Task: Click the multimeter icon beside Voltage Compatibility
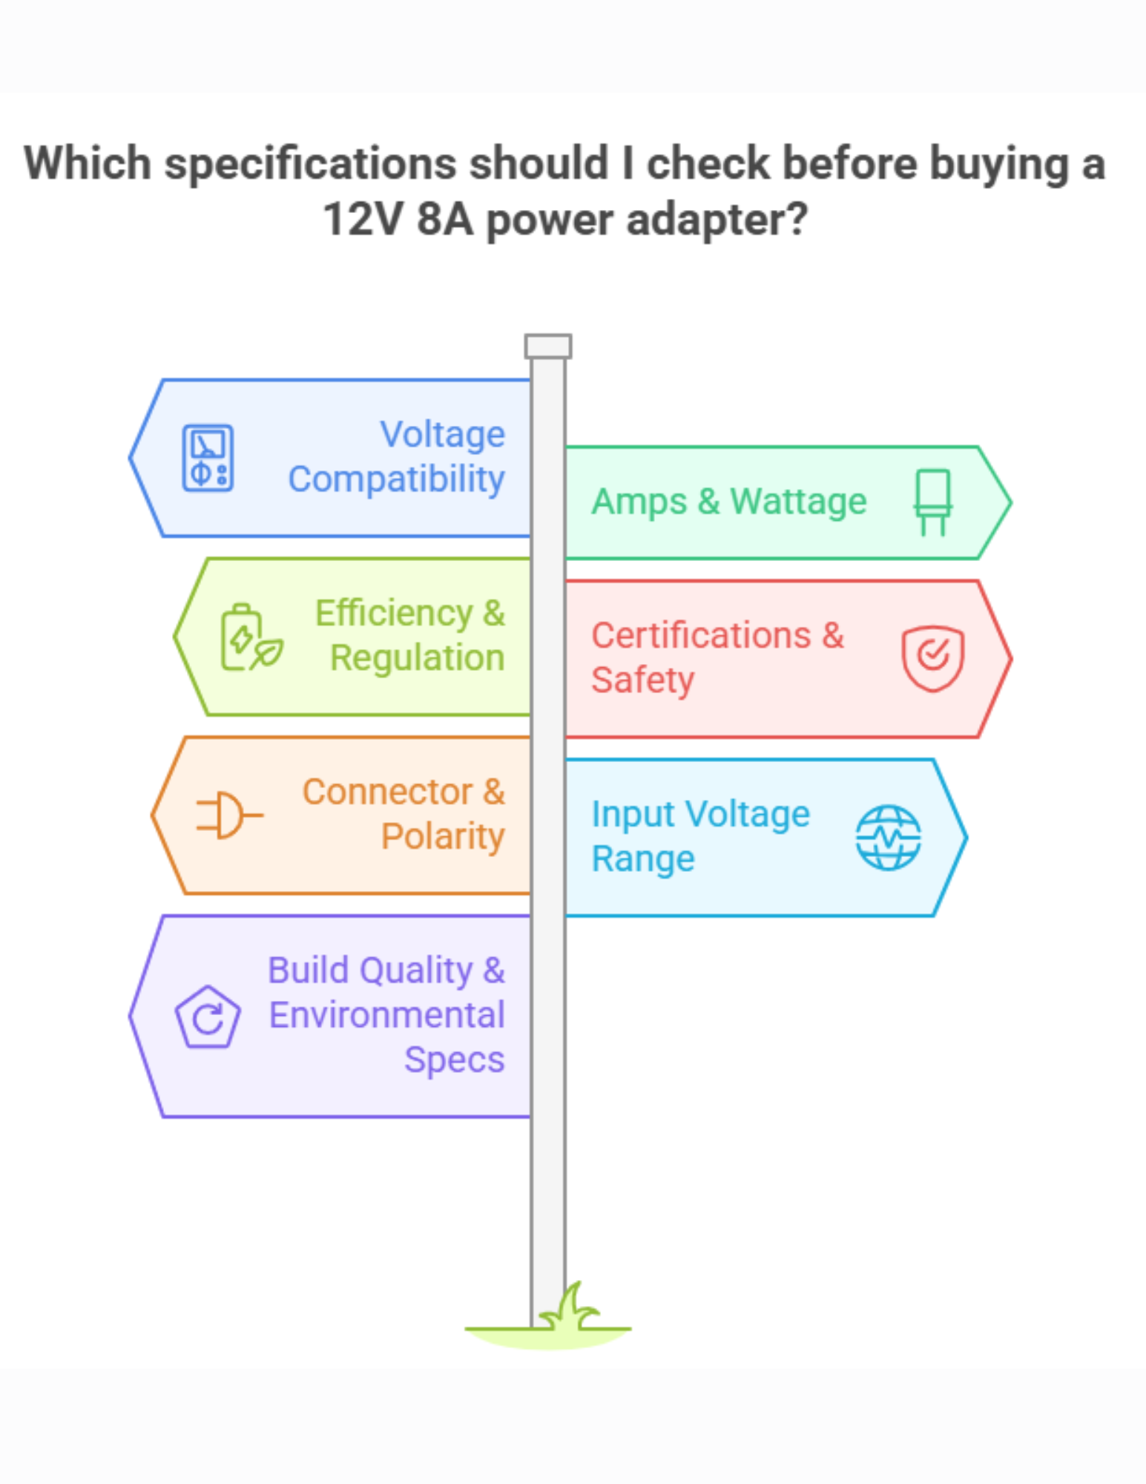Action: (x=208, y=458)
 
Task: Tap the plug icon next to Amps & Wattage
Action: (x=932, y=502)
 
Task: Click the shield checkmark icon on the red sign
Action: (x=932, y=657)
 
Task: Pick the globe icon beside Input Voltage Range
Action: (x=888, y=837)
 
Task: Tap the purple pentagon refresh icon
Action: (x=208, y=1017)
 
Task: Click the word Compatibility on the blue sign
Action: (x=396, y=479)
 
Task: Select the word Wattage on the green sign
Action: (x=798, y=502)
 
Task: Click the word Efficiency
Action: (x=394, y=614)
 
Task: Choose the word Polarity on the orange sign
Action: (x=443, y=837)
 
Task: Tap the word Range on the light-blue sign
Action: (x=642, y=859)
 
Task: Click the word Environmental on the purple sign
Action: (x=386, y=1015)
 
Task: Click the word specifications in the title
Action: (x=310, y=163)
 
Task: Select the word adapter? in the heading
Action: (x=717, y=220)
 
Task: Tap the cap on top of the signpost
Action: (x=547, y=346)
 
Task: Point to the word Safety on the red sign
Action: (x=642, y=680)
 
